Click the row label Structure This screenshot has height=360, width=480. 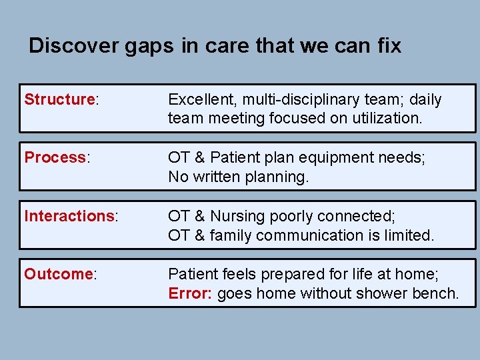tap(59, 100)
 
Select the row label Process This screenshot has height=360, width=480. tap(55, 158)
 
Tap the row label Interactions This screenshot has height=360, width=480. tap(69, 216)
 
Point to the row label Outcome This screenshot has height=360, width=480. tap(58, 274)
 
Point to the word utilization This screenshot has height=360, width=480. tap(387, 119)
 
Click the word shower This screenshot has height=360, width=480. tap(374, 293)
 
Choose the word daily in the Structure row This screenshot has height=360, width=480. tap(425, 100)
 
